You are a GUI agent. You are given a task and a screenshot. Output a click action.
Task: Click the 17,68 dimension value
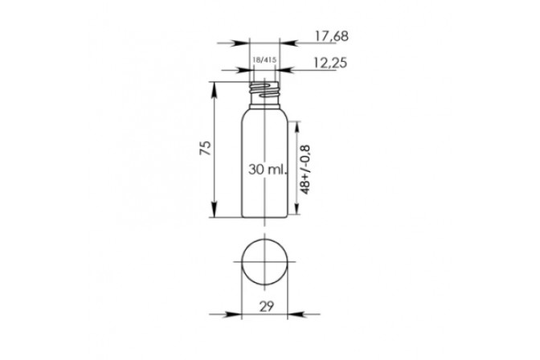pyautogui.click(x=332, y=36)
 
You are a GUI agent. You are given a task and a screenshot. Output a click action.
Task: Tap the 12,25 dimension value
pyautogui.click(x=330, y=63)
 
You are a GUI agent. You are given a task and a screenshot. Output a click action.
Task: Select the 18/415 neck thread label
pyautogui.click(x=264, y=60)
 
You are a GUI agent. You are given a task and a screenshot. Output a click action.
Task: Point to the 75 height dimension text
pyautogui.click(x=205, y=148)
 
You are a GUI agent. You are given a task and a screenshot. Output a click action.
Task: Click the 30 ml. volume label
pyautogui.click(x=268, y=169)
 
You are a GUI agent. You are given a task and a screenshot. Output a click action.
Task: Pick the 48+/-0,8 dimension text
pyautogui.click(x=305, y=170)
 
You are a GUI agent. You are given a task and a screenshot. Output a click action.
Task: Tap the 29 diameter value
pyautogui.click(x=266, y=306)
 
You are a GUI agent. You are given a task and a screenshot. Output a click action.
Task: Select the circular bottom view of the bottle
pyautogui.click(x=264, y=262)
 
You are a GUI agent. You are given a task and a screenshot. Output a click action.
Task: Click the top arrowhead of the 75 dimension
pyautogui.click(x=215, y=89)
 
